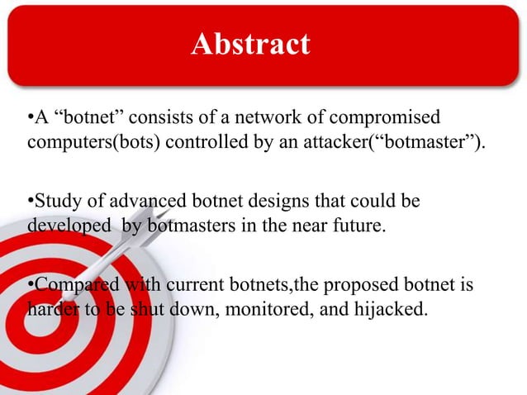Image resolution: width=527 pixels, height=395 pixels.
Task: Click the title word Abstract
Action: pos(250,43)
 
